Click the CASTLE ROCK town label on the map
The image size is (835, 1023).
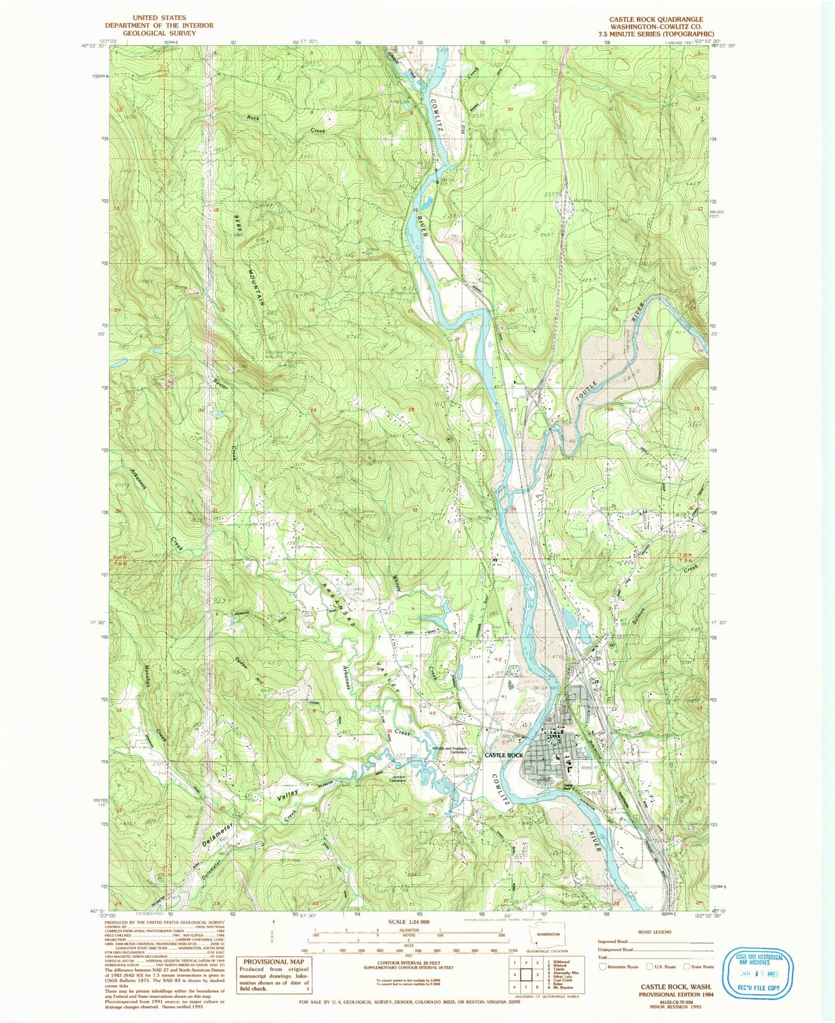click(503, 755)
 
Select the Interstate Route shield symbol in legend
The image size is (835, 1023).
click(603, 966)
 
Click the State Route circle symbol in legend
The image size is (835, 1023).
click(686, 966)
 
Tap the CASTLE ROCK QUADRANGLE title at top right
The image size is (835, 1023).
click(656, 19)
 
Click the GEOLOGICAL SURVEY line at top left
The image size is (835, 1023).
click(158, 33)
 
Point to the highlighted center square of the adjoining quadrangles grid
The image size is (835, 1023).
click(526, 974)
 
